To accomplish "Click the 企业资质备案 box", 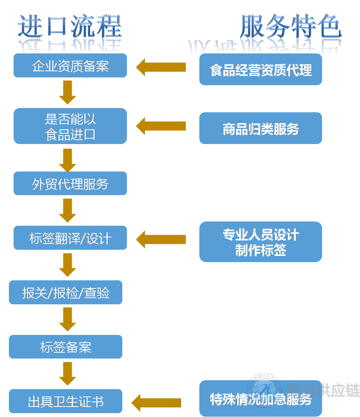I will click(70, 65).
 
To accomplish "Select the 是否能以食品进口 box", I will click(70, 126).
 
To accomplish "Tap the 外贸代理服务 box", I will click(70, 184).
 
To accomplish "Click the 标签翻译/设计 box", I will click(70, 238).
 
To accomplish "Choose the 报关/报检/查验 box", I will click(65, 292).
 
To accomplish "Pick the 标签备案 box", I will click(65, 347).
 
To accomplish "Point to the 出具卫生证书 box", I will click(65, 401).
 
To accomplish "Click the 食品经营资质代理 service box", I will click(261, 70).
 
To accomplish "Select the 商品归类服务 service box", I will click(261, 128).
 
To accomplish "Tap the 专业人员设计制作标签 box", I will click(261, 242).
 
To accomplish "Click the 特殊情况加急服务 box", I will click(261, 398).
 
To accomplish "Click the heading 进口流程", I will click(70, 26).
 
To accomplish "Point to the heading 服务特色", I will click(290, 26).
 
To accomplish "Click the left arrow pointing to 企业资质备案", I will click(161, 67).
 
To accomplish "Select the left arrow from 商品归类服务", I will click(161, 126).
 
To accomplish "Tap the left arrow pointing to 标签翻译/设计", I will click(161, 239).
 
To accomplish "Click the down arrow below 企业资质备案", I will click(68, 92).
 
